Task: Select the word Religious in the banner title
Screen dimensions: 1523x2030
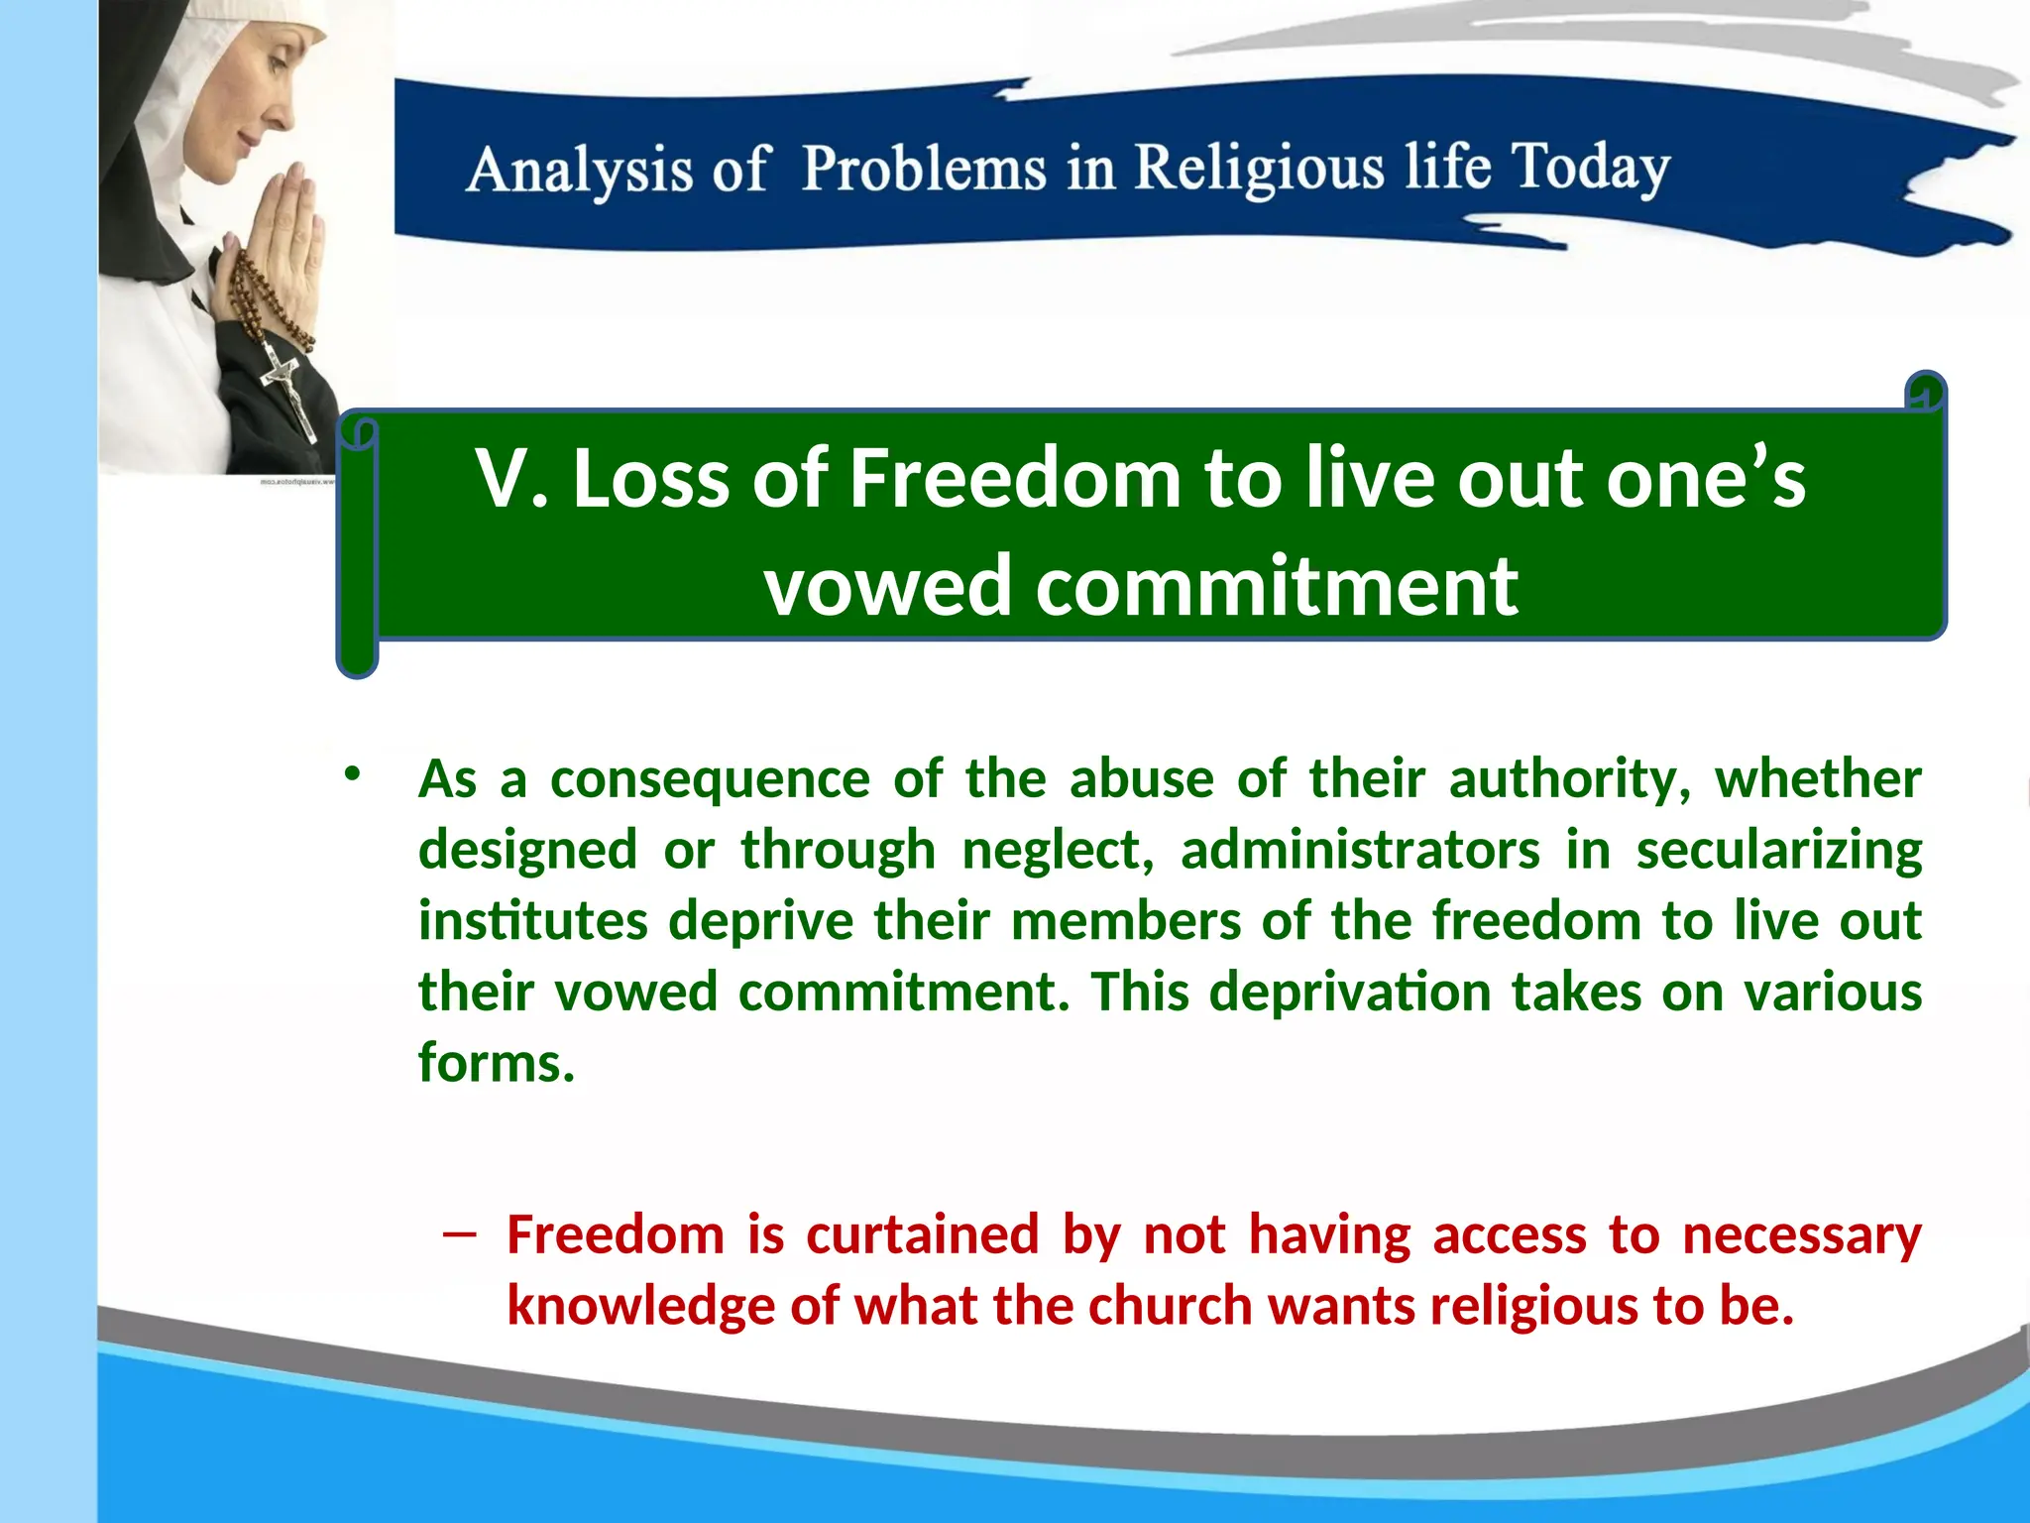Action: pos(1259,169)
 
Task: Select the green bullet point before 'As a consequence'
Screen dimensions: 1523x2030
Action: pos(352,774)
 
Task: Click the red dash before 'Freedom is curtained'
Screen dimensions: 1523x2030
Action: pos(460,1234)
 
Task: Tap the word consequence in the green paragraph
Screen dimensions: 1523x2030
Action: pos(710,779)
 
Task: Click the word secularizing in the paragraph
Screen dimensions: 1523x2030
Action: pos(1778,851)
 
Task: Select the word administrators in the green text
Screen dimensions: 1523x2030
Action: pos(1360,851)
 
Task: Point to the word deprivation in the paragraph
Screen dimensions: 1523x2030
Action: pos(1349,993)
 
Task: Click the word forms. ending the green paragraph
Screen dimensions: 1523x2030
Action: pos(497,1063)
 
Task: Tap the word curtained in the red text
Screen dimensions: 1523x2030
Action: pos(922,1235)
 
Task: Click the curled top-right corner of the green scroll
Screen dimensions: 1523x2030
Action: pos(1925,394)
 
